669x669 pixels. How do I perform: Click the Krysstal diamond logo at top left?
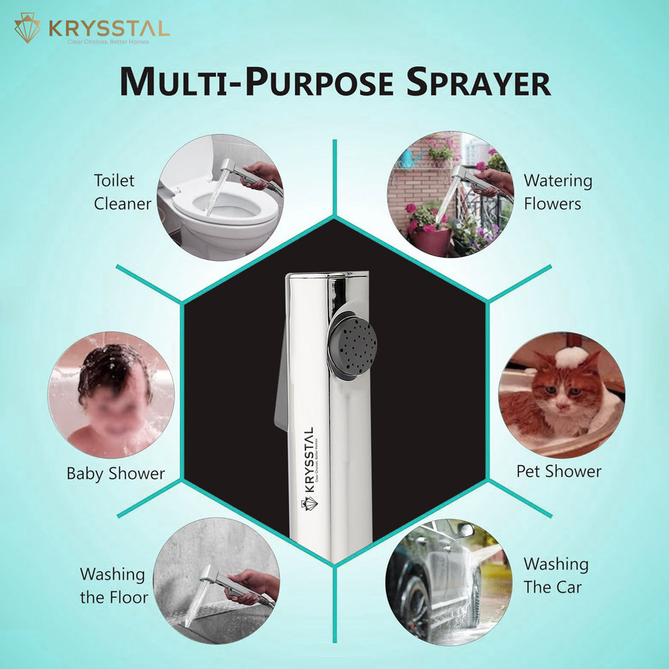[27, 28]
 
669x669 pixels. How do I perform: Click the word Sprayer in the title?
[478, 82]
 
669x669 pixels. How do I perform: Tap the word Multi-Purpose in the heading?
[256, 82]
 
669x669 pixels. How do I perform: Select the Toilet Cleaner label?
[123, 192]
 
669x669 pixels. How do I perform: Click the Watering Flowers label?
[558, 192]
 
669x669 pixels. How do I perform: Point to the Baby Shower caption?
[116, 474]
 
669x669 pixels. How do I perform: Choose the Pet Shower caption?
[559, 471]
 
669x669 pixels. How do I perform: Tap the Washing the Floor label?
[114, 585]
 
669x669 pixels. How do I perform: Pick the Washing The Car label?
[556, 575]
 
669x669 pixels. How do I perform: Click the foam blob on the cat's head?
[571, 357]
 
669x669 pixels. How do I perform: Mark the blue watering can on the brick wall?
[411, 158]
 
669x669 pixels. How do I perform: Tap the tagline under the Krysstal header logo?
[108, 42]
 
